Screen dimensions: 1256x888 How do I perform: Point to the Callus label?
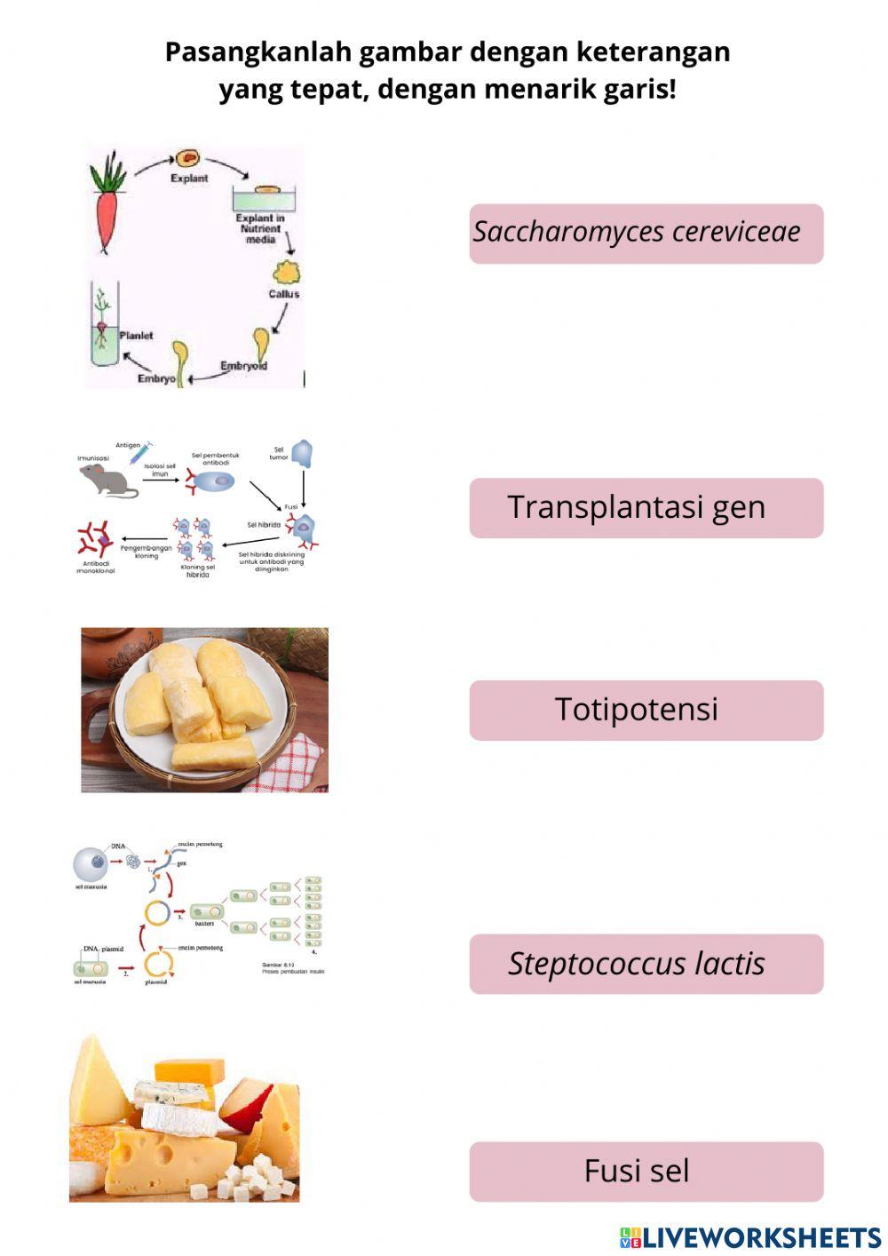tap(284, 294)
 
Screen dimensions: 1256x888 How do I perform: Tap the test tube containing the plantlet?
tap(104, 327)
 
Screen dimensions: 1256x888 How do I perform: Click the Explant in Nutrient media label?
tap(260, 228)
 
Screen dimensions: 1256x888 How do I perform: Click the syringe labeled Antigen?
tap(141, 452)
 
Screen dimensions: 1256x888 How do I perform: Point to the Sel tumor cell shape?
tap(303, 454)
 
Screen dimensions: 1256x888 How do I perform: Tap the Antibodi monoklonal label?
tap(95, 567)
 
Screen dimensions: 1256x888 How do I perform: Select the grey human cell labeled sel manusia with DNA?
tap(91, 863)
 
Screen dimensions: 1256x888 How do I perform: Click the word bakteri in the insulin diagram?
tap(205, 924)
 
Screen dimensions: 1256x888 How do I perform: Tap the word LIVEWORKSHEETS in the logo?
tap(761, 1238)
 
